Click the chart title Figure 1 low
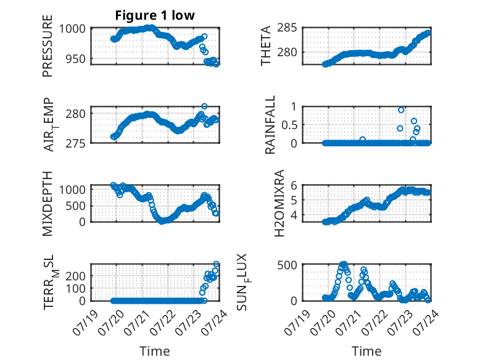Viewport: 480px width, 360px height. click(155, 15)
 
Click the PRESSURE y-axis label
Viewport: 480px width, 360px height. click(48, 46)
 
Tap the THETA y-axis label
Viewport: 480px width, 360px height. click(266, 46)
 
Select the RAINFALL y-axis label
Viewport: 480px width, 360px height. click(270, 125)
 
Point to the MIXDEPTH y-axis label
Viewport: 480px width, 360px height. click(48, 204)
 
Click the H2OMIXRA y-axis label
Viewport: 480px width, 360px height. click(279, 203)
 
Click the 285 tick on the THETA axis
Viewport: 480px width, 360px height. click(287, 28)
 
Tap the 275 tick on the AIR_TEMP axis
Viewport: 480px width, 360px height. click(76, 143)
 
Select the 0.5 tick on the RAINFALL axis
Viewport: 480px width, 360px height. click(289, 125)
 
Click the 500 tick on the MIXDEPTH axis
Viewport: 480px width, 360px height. click(76, 206)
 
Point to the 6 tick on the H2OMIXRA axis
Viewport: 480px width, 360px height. click(294, 185)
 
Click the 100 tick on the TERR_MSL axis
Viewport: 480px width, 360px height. click(78, 288)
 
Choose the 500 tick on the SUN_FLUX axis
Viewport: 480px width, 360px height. click(287, 265)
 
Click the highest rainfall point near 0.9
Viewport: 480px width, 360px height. click(401, 110)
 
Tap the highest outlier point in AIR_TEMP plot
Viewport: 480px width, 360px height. click(204, 106)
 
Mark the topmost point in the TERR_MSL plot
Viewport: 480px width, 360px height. click(216, 264)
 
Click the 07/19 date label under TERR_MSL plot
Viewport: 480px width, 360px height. click(85, 322)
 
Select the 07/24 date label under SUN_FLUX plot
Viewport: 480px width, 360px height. click(426, 322)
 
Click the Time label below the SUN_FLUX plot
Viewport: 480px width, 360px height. click(366, 351)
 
